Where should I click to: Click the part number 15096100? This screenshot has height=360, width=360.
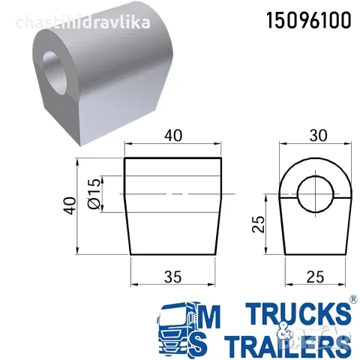(309, 21)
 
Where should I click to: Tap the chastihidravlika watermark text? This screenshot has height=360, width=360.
(83, 22)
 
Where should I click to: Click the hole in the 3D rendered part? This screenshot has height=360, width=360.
(55, 71)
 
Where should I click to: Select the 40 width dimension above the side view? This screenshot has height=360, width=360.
(173, 136)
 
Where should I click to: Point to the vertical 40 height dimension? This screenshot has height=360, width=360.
(70, 206)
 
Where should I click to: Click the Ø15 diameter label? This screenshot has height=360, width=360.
(94, 193)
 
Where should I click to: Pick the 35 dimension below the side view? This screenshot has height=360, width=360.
(172, 277)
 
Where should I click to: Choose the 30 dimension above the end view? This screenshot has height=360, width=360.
(318, 136)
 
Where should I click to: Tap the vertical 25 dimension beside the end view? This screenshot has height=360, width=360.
(258, 224)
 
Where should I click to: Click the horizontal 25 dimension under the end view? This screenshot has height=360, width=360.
(315, 277)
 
